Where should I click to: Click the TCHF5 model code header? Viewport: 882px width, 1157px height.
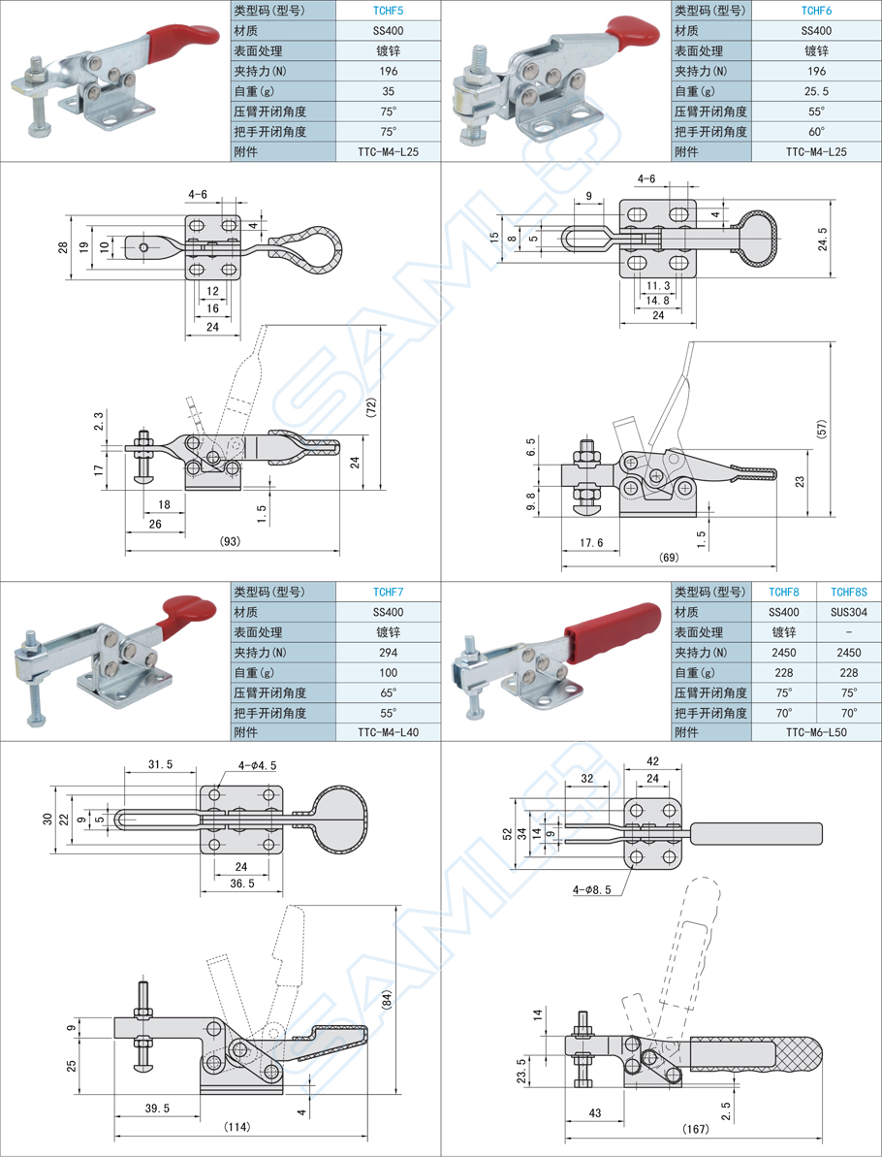pyautogui.click(x=388, y=11)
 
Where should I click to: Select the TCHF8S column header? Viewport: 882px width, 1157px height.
pyautogui.click(x=849, y=592)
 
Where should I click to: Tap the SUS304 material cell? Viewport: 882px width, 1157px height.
pyautogui.click(x=849, y=612)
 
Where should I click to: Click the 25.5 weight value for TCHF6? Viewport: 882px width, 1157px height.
pyautogui.click(x=816, y=91)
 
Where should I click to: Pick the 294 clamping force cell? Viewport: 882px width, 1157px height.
pyautogui.click(x=388, y=653)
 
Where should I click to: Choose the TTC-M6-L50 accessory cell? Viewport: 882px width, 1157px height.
pyautogui.click(x=816, y=733)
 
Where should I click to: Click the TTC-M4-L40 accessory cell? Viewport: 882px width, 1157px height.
pyautogui.click(x=388, y=733)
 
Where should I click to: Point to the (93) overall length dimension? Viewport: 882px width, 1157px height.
pyautogui.click(x=231, y=541)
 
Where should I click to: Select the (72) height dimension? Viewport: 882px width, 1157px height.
pyautogui.click(x=372, y=408)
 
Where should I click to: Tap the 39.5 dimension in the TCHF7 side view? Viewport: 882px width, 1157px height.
pyautogui.click(x=156, y=1108)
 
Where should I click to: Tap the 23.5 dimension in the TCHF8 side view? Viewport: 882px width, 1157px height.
pyautogui.click(x=522, y=1070)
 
